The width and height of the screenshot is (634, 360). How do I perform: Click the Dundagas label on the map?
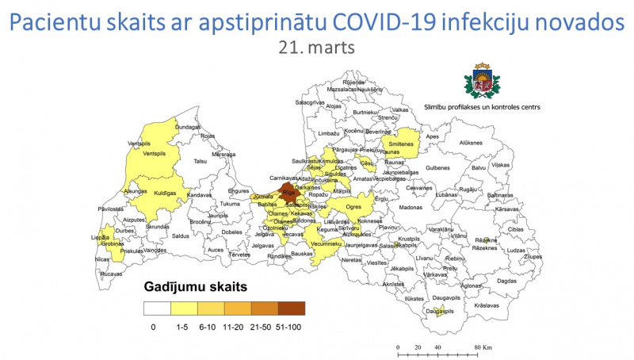[188, 127]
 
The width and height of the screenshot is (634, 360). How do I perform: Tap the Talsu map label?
[200, 161]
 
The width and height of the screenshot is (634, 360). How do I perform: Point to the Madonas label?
[411, 207]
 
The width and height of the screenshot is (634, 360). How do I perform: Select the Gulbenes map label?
[437, 168]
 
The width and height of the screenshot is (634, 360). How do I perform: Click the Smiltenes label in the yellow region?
[401, 144]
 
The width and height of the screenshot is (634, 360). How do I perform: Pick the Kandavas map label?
[199, 195]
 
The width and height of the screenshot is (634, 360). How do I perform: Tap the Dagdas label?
[506, 281]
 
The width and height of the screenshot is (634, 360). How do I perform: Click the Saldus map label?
[181, 236]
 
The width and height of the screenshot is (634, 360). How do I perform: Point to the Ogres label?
[353, 207]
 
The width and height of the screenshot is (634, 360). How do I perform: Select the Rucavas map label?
[112, 274]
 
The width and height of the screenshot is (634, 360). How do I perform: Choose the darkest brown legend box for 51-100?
[291, 308]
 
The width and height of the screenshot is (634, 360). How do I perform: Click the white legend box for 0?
[157, 308]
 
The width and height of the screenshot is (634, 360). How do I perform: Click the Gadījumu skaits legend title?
[195, 286]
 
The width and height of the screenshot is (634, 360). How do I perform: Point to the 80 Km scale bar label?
[483, 348]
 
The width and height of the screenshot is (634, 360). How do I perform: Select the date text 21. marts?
[316, 48]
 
